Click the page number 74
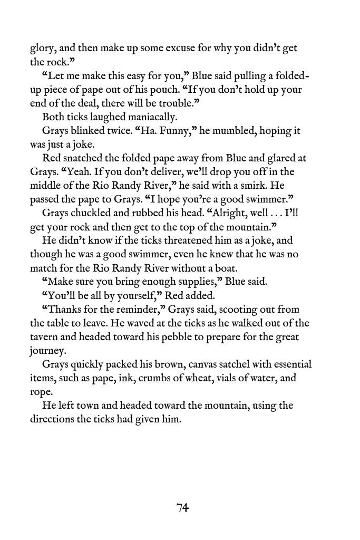(182, 508)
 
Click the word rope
(41, 391)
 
